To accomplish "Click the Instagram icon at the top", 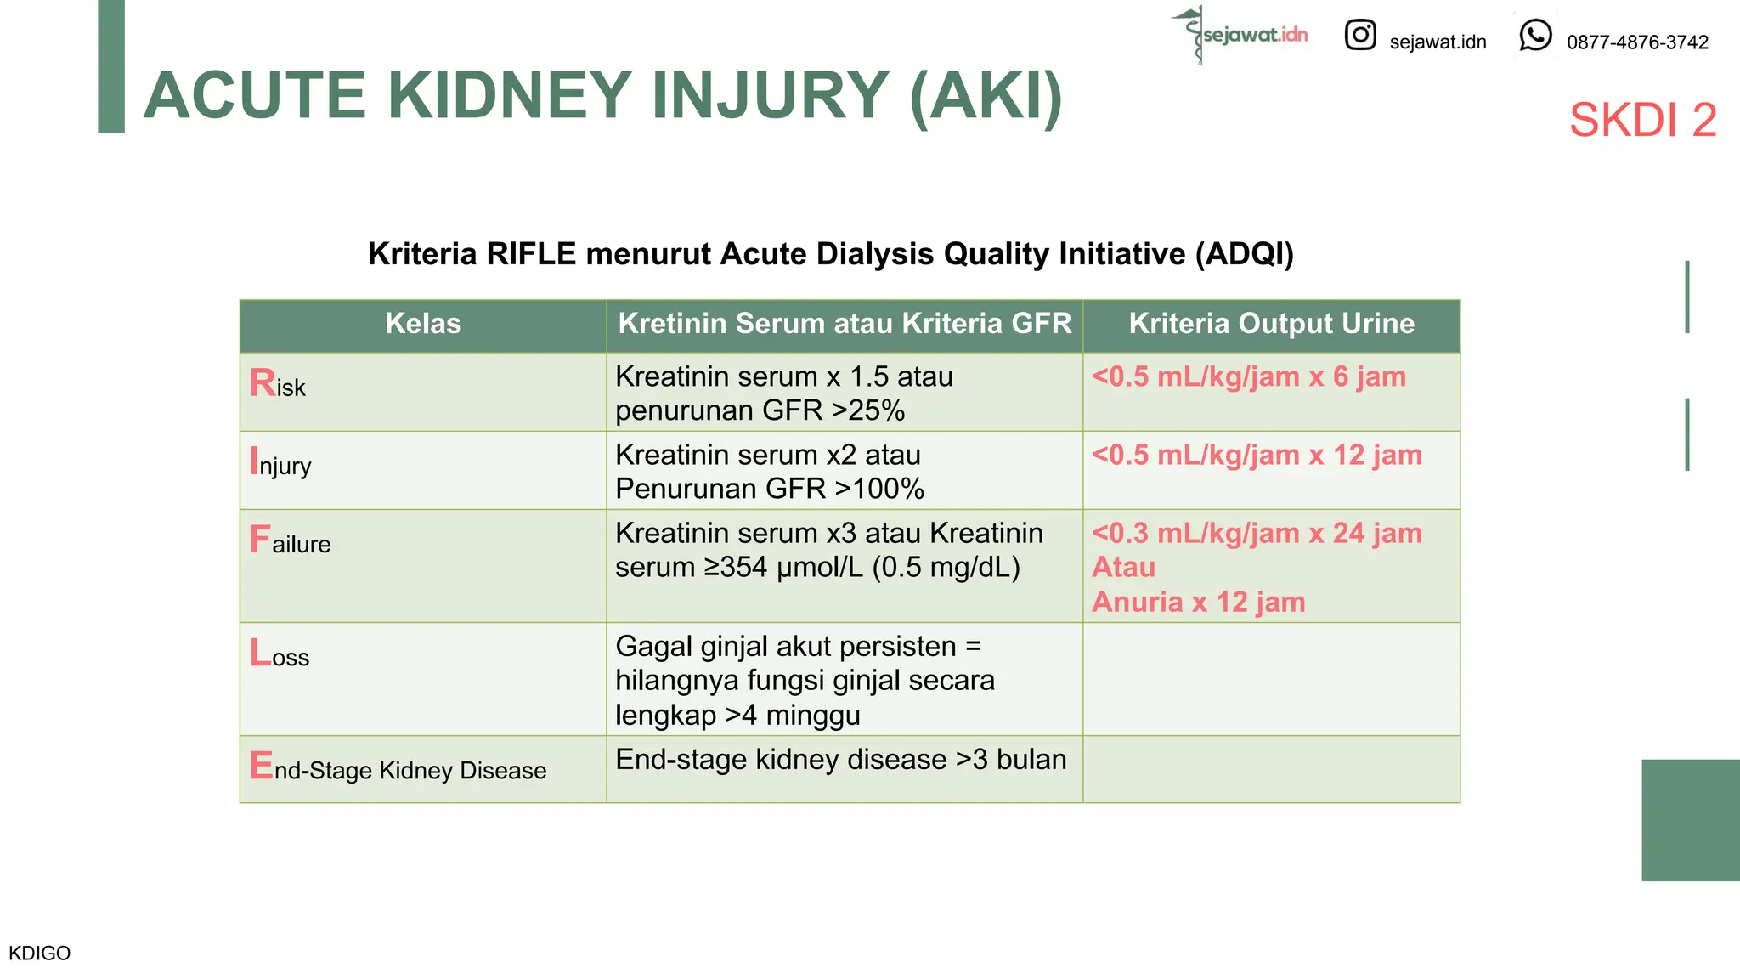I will pyautogui.click(x=1359, y=35).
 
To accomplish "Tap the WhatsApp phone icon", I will pyautogui.click(x=1535, y=36).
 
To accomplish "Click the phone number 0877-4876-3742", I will pyautogui.click(x=1637, y=42).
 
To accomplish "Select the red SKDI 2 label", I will pyautogui.click(x=1642, y=120).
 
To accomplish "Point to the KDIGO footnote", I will pyautogui.click(x=40, y=953).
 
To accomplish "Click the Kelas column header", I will pyautogui.click(x=423, y=324).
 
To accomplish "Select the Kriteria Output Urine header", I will pyautogui.click(x=1271, y=324).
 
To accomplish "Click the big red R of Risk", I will pyautogui.click(x=262, y=382).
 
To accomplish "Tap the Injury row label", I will pyautogui.click(x=281, y=463).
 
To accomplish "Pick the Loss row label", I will pyautogui.click(x=280, y=654).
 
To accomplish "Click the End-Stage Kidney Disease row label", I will pyautogui.click(x=398, y=768).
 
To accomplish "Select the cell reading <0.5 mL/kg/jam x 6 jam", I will pyautogui.click(x=1248, y=376).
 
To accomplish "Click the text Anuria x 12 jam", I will pyautogui.click(x=1198, y=602).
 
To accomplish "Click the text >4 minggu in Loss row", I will pyautogui.click(x=793, y=716).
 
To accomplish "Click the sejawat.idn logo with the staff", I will pyautogui.click(x=1241, y=35).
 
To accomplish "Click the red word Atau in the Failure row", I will pyautogui.click(x=1123, y=567).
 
